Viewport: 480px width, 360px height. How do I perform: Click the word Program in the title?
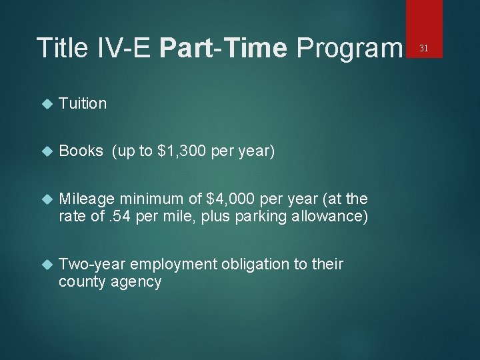tap(349, 48)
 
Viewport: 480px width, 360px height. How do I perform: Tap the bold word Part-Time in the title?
tap(224, 48)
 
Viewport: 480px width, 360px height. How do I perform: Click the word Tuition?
tap(83, 103)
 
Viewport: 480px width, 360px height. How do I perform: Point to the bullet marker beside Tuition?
tap(46, 104)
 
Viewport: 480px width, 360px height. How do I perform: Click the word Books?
tap(81, 151)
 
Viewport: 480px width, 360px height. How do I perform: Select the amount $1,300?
tap(181, 151)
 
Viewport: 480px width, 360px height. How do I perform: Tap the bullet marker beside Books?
tap(46, 152)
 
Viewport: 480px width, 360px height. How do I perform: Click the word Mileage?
tap(86, 199)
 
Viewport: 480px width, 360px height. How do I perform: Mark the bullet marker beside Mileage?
tap(46, 199)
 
